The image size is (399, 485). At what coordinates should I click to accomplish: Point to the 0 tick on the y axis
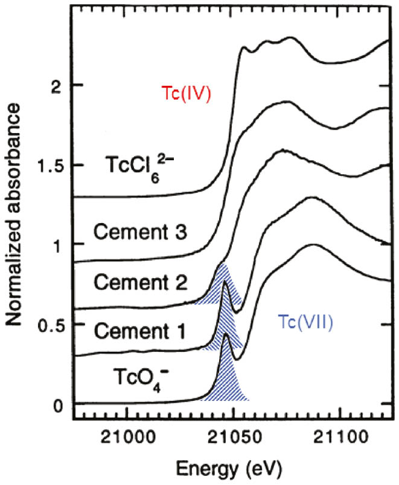[59, 404]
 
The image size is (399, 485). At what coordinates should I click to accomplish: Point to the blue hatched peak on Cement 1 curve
[225, 324]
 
